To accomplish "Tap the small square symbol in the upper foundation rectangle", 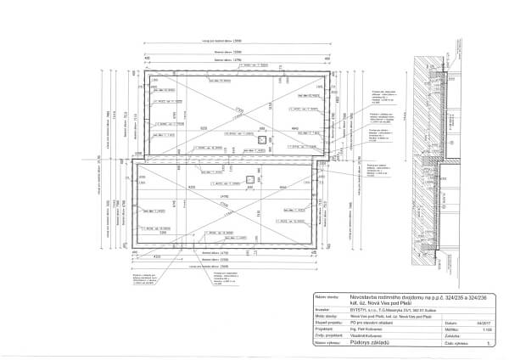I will coord(260,138).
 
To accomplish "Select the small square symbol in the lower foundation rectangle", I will coord(249,177).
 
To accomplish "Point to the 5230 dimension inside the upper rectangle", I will coord(203,127).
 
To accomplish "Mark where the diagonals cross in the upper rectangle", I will coord(230,117).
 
